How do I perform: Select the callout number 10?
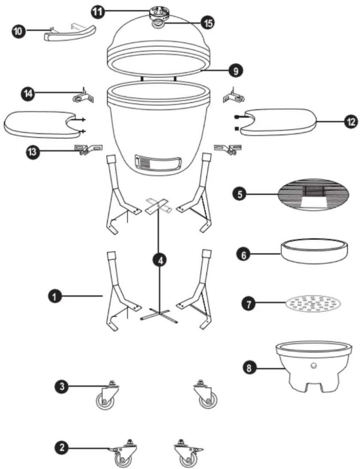(18, 32)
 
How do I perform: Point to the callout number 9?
(236, 71)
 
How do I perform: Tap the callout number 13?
(33, 152)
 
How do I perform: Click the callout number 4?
(160, 261)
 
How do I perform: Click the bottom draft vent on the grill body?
(158, 163)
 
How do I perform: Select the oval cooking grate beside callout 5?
(313, 194)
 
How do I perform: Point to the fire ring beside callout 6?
(314, 251)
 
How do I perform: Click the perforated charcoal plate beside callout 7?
(313, 304)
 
